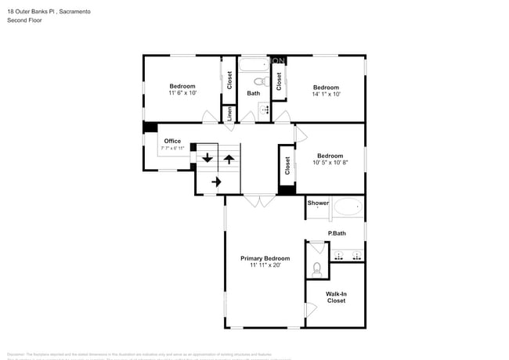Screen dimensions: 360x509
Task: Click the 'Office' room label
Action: pyautogui.click(x=172, y=142)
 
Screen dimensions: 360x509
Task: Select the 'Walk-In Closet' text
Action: pyautogui.click(x=336, y=297)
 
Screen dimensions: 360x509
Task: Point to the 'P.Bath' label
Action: pyautogui.click(x=337, y=234)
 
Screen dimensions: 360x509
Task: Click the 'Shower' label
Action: pyautogui.click(x=318, y=203)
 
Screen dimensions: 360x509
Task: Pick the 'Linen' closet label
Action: pyautogui.click(x=229, y=114)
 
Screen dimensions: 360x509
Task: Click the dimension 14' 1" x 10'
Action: pyautogui.click(x=327, y=94)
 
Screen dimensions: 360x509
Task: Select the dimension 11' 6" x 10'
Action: pyautogui.click(x=182, y=93)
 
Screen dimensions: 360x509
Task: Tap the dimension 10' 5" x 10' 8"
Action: pyautogui.click(x=329, y=163)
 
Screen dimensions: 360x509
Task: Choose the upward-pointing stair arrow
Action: pyautogui.click(x=229, y=159)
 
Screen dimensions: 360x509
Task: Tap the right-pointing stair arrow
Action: pyautogui.click(x=217, y=182)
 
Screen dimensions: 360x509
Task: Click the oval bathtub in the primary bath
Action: pyautogui.click(x=348, y=208)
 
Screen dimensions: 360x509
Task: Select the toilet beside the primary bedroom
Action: pyautogui.click(x=316, y=268)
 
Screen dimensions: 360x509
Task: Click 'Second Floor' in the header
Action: pyautogui.click(x=25, y=20)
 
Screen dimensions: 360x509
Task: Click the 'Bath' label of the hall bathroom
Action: pyautogui.click(x=254, y=94)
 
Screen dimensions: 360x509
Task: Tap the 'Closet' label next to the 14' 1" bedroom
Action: pyautogui.click(x=279, y=81)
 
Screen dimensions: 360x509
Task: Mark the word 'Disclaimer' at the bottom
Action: pyautogui.click(x=17, y=354)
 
